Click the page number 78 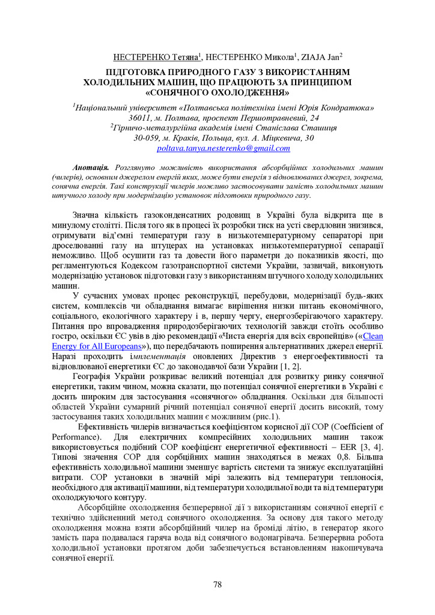[x=218, y=584]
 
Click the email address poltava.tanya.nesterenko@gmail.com [x=224, y=148]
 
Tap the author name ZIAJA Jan [x=323, y=58]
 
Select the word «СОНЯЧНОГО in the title [x=180, y=92]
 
